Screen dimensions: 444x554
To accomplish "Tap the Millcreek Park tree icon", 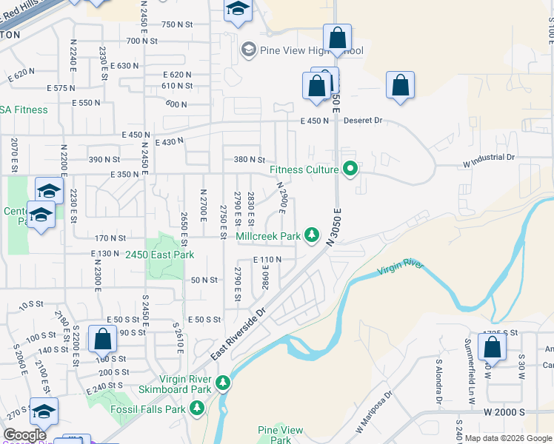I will pyautogui.click(x=313, y=235).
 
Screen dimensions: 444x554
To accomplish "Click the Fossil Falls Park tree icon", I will pyautogui.click(x=197, y=408).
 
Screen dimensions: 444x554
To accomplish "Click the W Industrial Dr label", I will pyautogui.click(x=488, y=157).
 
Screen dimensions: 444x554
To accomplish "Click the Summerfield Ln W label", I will pyautogui.click(x=470, y=381).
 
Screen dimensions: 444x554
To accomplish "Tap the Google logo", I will pyautogui.click(x=24, y=435).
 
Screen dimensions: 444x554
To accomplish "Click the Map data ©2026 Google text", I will pyautogui.click(x=507, y=438).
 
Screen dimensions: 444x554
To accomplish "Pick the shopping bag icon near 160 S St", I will pyautogui.click(x=102, y=339).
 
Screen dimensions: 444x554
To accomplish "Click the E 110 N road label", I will pyautogui.click(x=267, y=260).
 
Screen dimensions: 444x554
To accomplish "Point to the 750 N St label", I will pyautogui.click(x=177, y=24).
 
